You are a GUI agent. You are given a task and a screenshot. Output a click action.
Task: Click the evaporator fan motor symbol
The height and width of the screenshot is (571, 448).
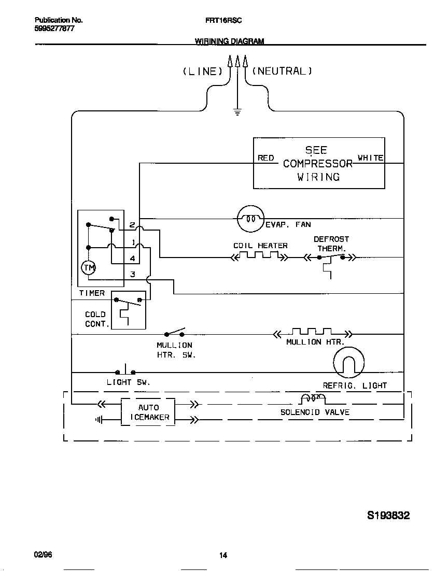point(250,219)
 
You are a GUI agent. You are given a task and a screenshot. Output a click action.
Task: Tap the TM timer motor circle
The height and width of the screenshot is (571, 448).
point(89,267)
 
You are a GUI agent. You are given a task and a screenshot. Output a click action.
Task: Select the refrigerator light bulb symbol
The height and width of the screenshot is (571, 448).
point(348,362)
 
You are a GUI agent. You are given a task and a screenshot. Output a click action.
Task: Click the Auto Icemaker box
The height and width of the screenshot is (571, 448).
point(148,412)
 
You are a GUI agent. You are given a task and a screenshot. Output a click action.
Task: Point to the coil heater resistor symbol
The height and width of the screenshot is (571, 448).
point(260,256)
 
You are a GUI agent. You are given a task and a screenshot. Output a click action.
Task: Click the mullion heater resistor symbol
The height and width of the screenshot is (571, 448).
point(312,333)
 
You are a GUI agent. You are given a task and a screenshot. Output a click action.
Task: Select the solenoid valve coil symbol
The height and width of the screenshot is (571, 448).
point(313,398)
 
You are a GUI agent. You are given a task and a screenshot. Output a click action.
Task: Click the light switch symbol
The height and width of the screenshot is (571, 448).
point(125,371)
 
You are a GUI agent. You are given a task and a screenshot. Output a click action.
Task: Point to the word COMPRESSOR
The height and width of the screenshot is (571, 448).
point(318,164)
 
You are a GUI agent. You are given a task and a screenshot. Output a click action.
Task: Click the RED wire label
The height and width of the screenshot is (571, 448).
point(265,158)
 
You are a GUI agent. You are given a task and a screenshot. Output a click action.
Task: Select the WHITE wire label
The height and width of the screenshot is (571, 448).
point(370,158)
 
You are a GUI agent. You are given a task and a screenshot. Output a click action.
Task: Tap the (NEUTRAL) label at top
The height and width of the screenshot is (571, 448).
point(282,72)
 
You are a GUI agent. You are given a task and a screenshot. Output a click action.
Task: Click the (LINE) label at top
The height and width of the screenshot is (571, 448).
point(202,72)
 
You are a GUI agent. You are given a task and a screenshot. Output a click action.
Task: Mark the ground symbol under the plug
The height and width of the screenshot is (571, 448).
point(237,112)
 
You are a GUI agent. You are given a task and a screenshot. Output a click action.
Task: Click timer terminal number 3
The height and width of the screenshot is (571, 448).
point(133,274)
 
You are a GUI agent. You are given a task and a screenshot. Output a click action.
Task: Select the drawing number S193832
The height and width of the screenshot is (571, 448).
point(388,516)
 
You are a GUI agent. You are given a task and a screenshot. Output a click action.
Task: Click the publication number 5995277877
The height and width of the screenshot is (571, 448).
point(54,29)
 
